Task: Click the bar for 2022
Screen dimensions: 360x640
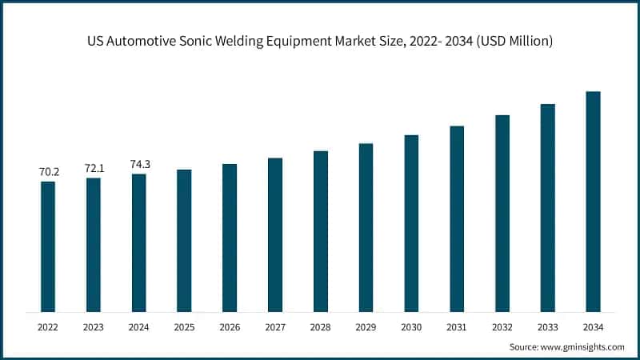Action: (48, 246)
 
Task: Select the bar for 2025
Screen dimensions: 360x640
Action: (184, 240)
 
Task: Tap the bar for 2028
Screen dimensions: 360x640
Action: (321, 231)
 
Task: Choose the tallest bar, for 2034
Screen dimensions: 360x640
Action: (593, 202)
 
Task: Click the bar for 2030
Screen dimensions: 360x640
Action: (411, 223)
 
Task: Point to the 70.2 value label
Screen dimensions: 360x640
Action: (48, 172)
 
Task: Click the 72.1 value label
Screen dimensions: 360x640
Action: (94, 168)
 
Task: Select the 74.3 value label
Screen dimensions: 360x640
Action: (139, 164)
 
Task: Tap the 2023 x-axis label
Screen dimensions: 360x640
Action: (94, 327)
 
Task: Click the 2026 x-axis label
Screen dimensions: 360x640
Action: (230, 327)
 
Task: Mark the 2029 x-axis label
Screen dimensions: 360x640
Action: (366, 327)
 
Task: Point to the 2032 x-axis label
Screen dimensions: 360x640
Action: (502, 327)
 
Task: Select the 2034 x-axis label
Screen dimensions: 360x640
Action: (593, 327)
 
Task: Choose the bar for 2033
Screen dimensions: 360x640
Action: (547, 208)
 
